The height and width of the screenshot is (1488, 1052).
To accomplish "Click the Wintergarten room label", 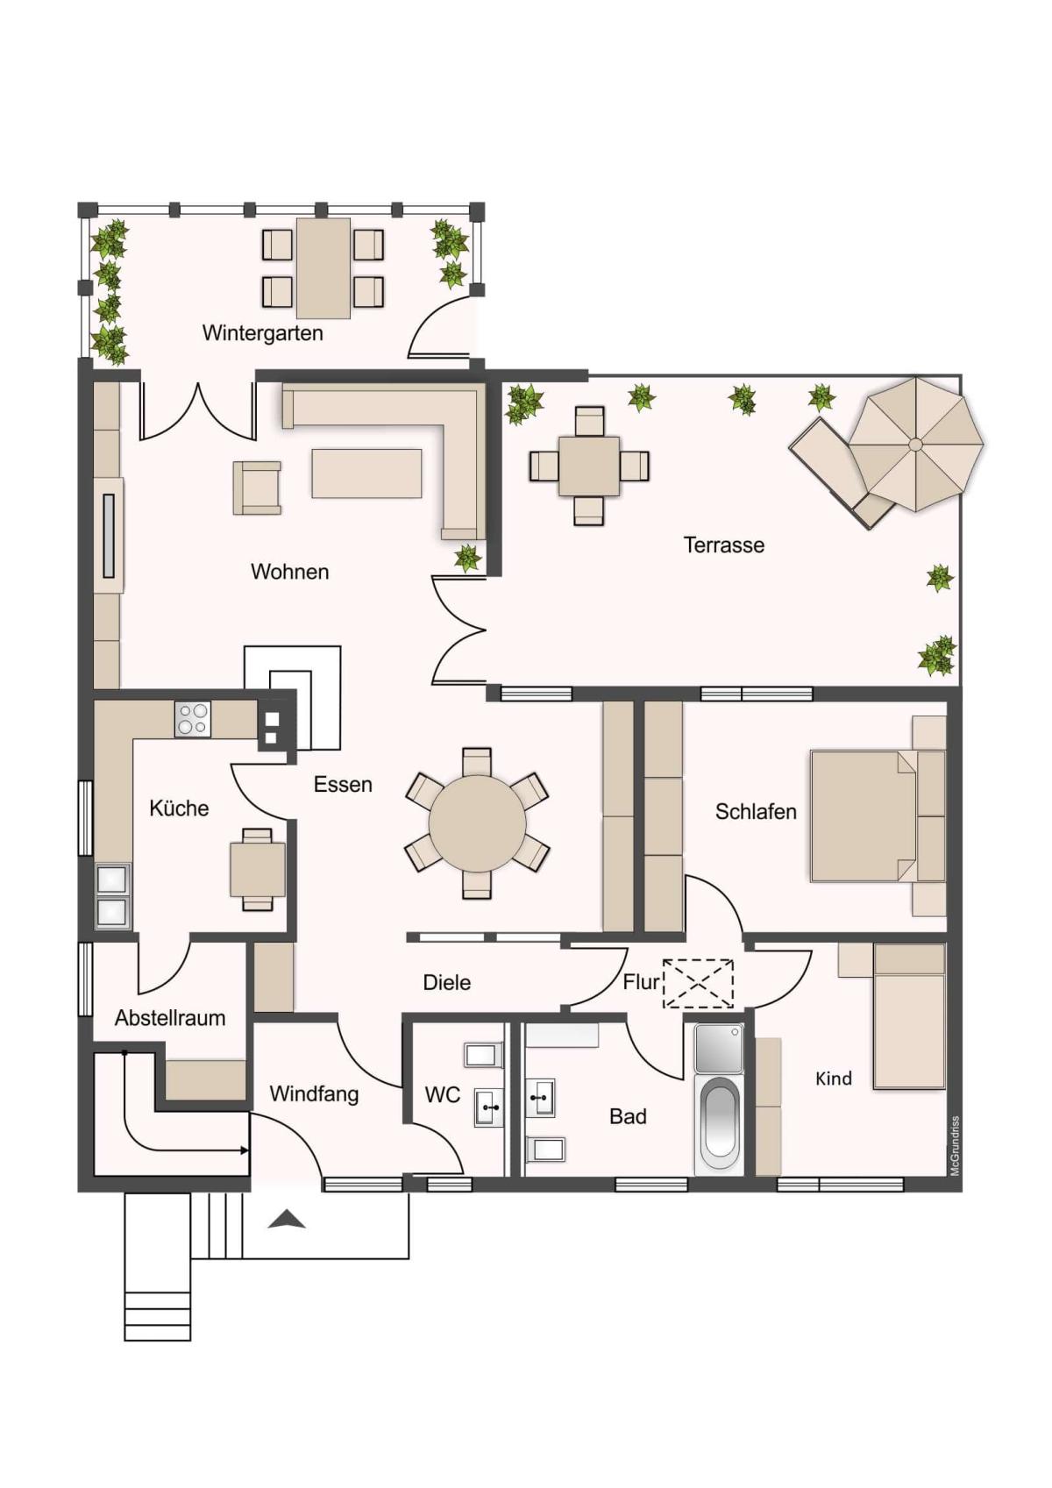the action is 262,333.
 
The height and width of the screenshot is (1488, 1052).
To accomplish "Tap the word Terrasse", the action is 724,545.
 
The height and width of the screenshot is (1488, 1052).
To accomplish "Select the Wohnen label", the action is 289,572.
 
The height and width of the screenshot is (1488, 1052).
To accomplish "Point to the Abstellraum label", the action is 170,1018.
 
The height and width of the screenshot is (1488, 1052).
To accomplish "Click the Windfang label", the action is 314,1094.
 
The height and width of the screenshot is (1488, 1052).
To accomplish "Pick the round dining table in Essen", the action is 478,823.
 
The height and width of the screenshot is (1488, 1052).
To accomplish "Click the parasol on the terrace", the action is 916,445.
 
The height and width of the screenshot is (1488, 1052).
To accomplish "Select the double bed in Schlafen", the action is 877,816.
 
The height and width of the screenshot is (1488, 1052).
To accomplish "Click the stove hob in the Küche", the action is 193,719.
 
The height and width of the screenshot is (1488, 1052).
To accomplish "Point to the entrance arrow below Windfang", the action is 287,1219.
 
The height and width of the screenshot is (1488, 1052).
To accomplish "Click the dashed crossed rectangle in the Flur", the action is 697,984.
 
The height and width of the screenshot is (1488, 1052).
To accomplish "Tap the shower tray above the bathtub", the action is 719,1048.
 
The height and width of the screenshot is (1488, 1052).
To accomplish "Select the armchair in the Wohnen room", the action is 257,488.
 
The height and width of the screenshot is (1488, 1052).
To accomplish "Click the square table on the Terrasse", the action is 588,466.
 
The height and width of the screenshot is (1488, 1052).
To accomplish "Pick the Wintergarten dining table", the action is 323,268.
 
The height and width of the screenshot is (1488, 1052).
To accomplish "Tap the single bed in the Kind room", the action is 908,1016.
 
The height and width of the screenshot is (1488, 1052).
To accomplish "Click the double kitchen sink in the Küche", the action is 114,896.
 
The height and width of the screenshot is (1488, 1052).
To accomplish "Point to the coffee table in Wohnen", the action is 366,473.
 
